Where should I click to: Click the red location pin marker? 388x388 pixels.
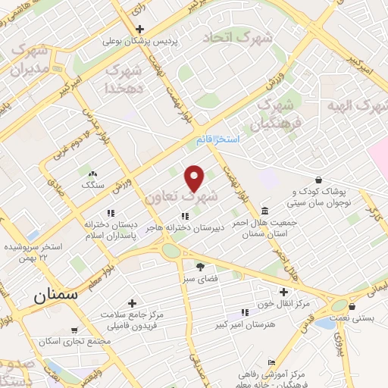tap(195, 178)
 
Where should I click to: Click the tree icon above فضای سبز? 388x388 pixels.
tap(200, 266)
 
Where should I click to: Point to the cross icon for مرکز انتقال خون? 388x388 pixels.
tap(284, 291)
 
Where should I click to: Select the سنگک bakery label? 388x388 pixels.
tap(93, 184)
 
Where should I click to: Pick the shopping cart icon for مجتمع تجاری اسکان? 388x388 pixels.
tap(74, 330)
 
